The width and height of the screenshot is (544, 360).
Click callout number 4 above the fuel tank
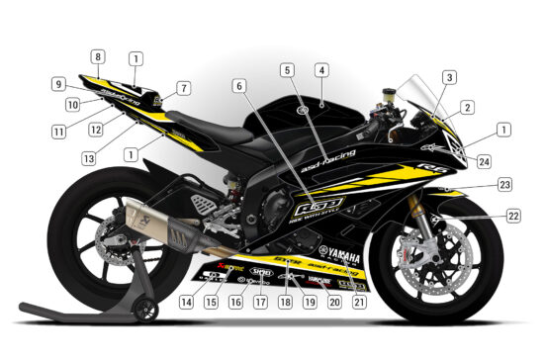(320, 70)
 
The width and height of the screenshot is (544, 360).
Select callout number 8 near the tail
(98, 56)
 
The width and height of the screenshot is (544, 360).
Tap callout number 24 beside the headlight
(449, 76)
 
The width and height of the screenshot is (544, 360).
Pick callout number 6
(239, 86)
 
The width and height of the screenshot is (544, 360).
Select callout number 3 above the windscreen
(449, 76)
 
